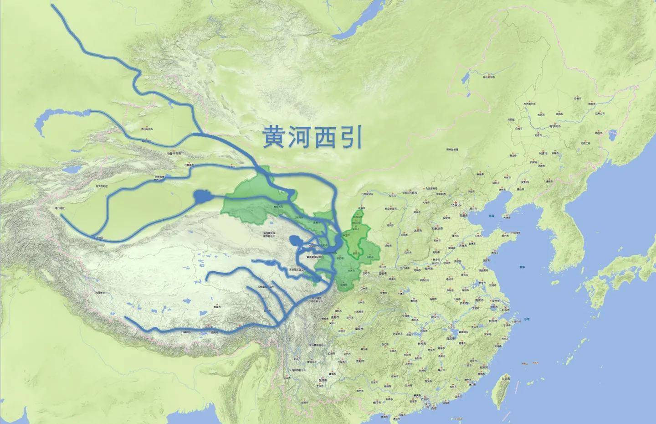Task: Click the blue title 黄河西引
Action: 312,137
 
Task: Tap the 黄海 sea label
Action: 521,267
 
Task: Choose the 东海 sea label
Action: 527,318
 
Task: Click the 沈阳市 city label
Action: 525,182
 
